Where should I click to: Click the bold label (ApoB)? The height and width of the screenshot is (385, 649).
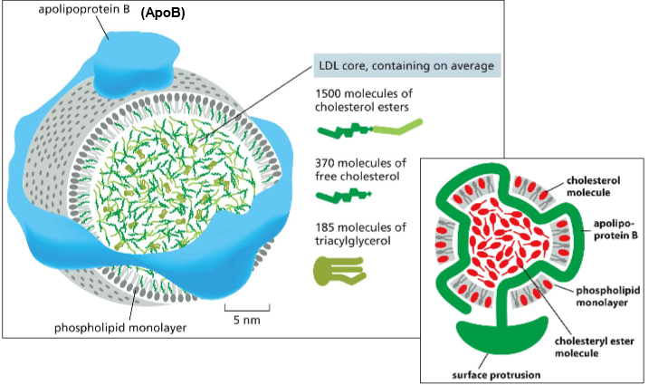163,14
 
